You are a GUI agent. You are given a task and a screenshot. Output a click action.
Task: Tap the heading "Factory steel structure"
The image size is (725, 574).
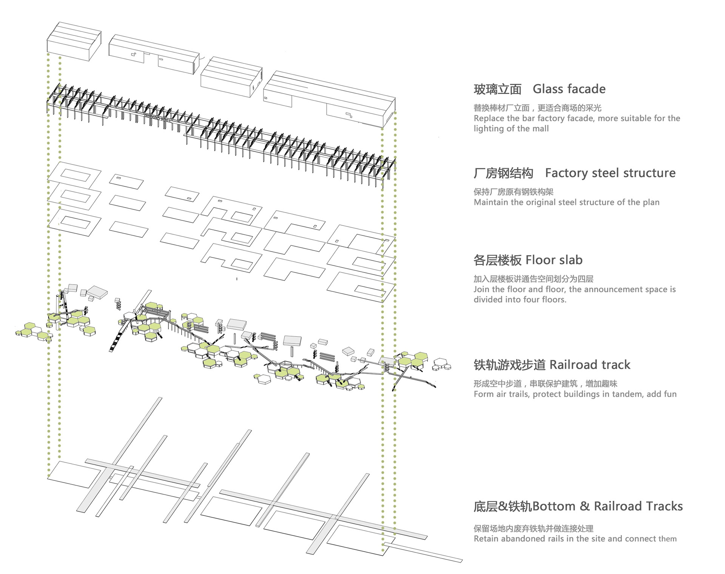610,173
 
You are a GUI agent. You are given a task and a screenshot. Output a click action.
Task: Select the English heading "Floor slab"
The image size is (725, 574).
554,260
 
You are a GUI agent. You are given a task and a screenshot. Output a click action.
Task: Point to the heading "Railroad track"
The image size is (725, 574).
590,365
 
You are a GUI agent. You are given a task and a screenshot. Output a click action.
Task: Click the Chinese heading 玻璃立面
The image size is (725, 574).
497,89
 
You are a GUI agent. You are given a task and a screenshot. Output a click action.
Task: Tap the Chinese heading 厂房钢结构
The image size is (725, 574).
503,174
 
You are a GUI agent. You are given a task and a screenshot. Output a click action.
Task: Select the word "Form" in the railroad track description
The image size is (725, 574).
483,394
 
